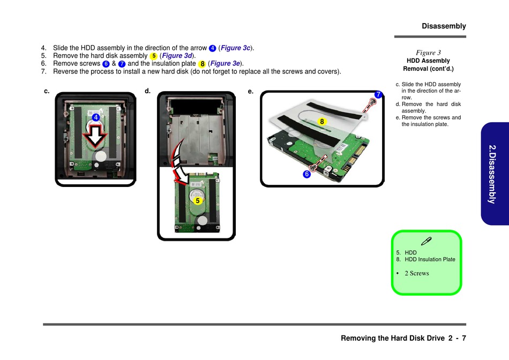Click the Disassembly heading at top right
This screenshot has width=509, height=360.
click(x=444, y=26)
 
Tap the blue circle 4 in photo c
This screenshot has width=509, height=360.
click(x=96, y=117)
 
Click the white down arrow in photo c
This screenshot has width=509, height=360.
click(x=95, y=136)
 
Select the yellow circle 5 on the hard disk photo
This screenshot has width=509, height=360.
click(x=197, y=200)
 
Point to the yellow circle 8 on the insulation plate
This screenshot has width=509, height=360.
click(x=321, y=122)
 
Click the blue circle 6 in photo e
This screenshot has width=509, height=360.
click(x=306, y=174)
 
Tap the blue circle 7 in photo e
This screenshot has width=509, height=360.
click(x=378, y=94)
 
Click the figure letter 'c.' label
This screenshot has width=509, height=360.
click(x=47, y=91)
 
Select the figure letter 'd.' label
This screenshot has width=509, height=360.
click(x=148, y=91)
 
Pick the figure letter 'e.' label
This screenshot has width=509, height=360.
click(x=251, y=91)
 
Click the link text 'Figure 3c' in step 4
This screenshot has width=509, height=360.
click(x=235, y=48)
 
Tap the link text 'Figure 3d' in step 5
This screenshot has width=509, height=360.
click(x=177, y=56)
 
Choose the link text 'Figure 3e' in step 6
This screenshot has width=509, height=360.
click(x=225, y=64)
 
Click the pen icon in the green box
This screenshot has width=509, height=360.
click(x=426, y=241)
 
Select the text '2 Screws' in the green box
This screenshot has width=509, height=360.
click(x=417, y=273)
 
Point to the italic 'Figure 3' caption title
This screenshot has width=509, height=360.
click(x=429, y=52)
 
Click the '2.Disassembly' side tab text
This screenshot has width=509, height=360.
click(x=492, y=174)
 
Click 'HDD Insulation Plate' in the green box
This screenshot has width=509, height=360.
click(x=430, y=259)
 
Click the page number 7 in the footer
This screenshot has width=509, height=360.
click(x=464, y=338)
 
